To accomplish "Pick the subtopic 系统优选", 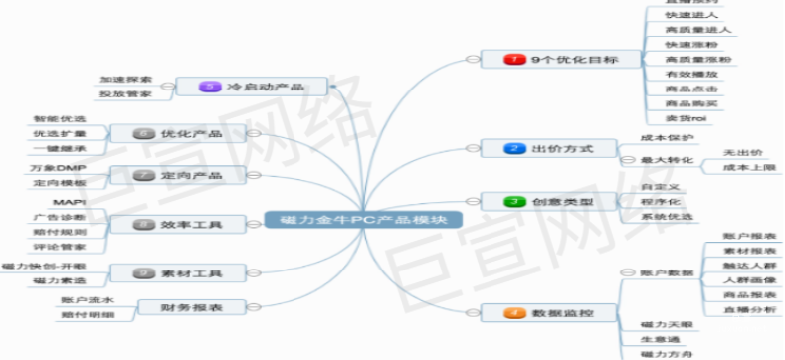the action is click(665, 217).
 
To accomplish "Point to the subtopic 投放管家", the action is click(125, 94).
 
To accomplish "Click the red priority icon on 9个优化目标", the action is click(513, 60).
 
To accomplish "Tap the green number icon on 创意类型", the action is click(513, 202).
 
